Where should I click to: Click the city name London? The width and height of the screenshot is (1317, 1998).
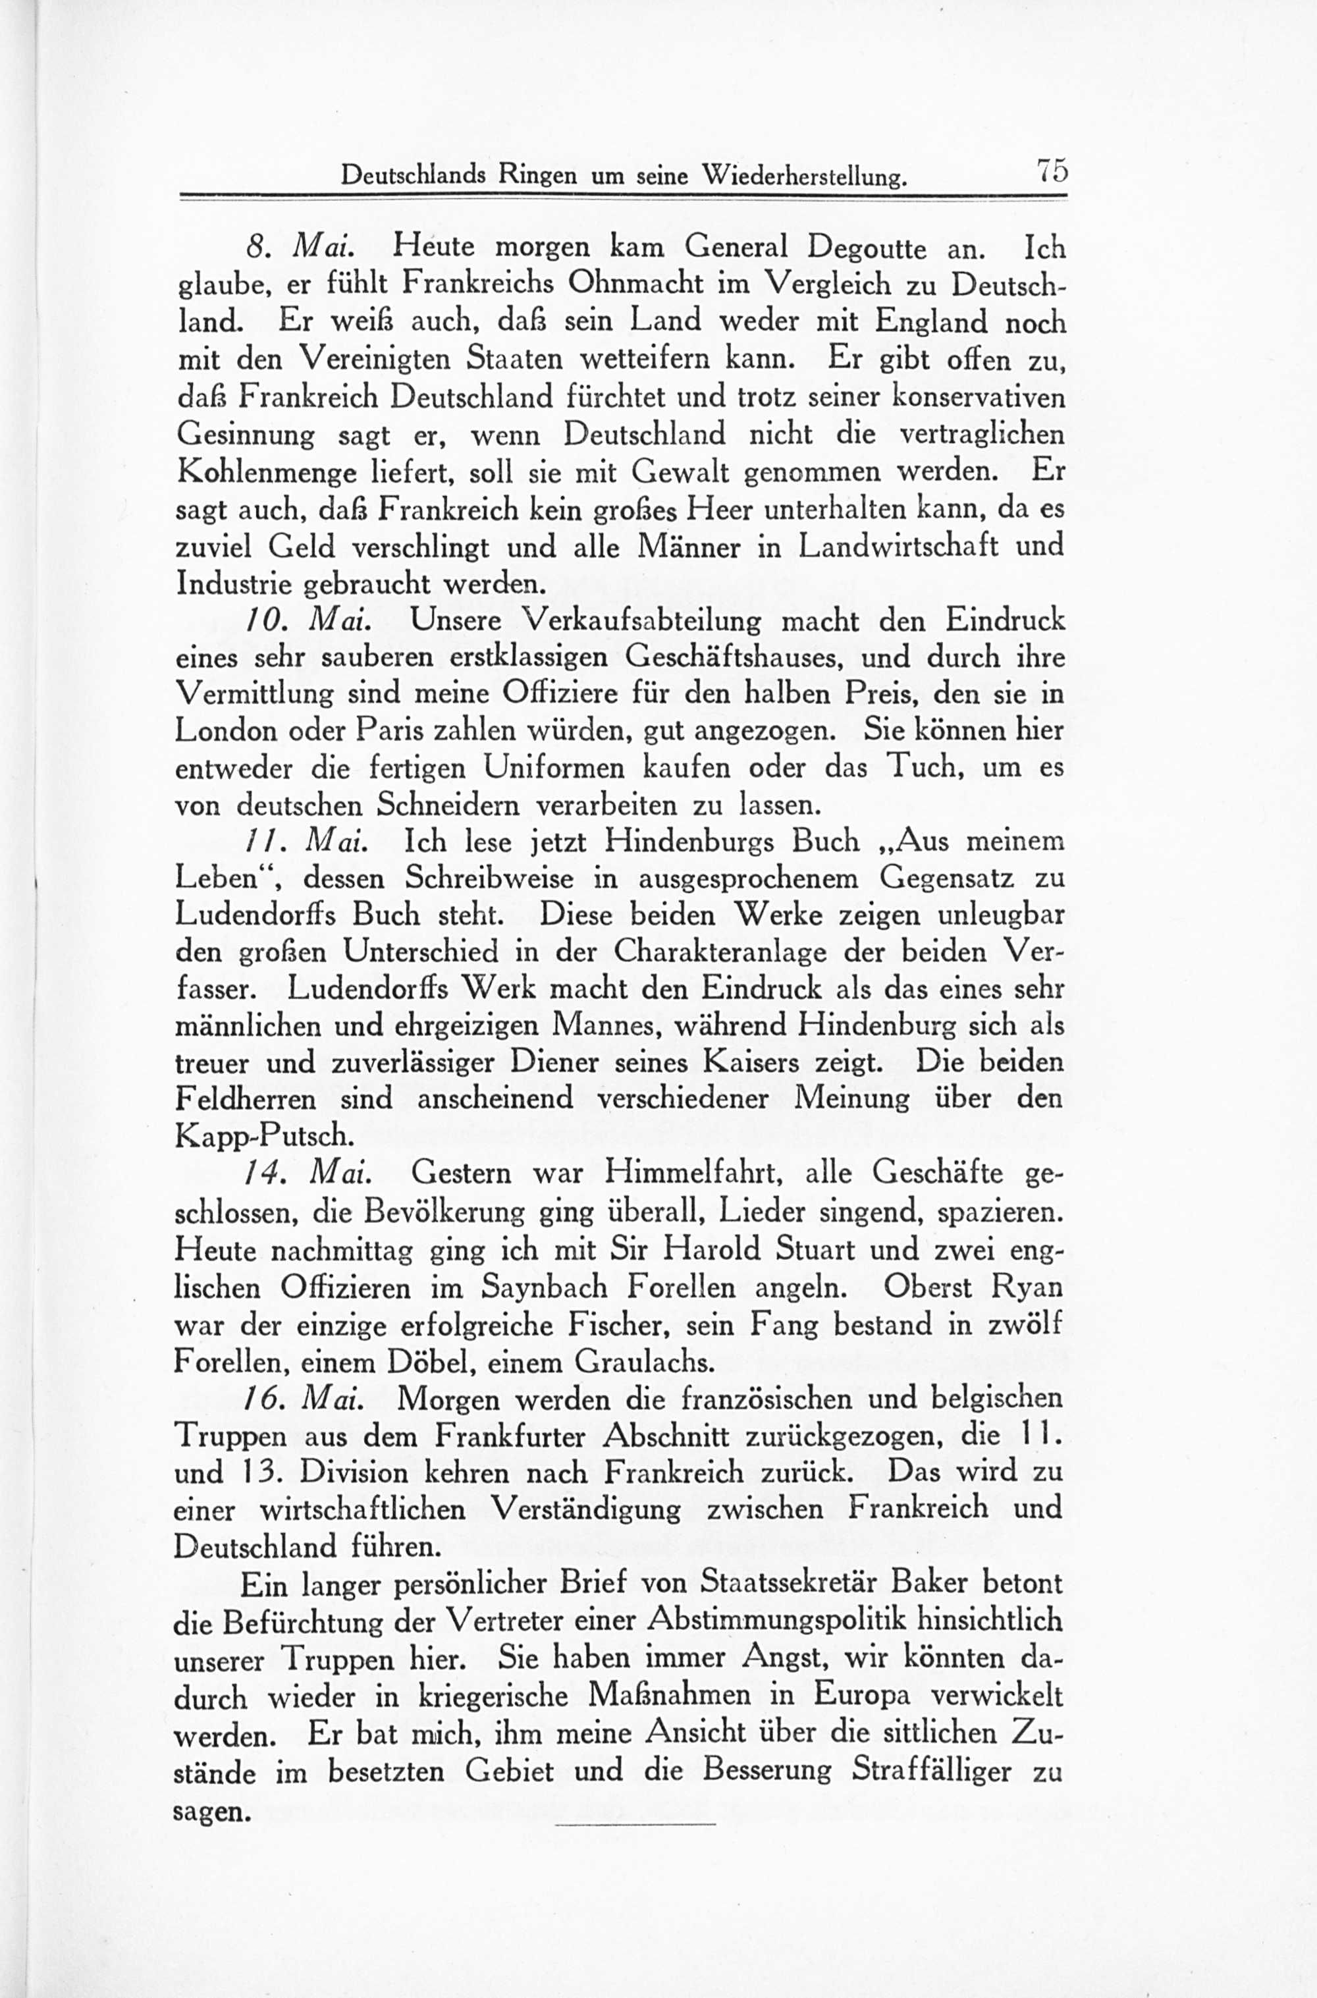tap(225, 732)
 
